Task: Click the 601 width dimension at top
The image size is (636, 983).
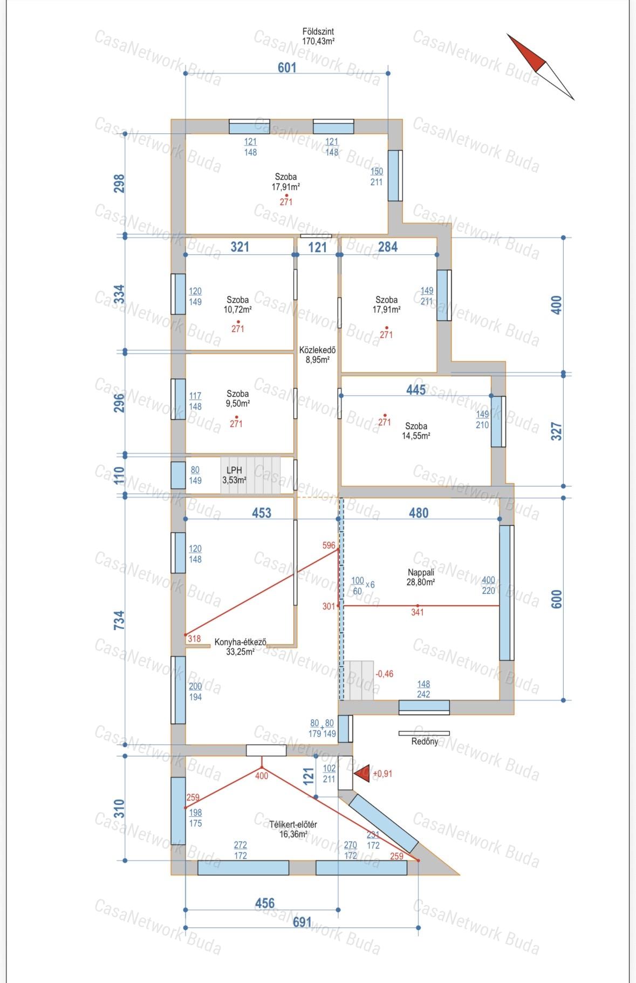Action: pos(287,68)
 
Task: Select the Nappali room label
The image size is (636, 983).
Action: pos(421,572)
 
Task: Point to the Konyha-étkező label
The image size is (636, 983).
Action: pos(241,642)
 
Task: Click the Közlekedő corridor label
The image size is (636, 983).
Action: pos(318,350)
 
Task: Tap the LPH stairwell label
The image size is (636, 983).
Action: pos(234,470)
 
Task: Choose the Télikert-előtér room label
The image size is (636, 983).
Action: pos(293,824)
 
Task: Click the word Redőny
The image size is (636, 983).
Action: pos(425,742)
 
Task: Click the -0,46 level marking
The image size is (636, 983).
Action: pos(384,674)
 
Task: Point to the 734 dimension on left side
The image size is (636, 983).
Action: pos(119,620)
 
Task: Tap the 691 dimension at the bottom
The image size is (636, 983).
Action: pos(302,922)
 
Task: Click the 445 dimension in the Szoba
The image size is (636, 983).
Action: pos(416,390)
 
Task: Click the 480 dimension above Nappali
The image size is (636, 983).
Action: pos(419,512)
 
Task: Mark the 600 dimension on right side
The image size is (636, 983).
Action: pos(557,599)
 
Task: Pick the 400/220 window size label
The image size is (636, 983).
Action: pos(488,585)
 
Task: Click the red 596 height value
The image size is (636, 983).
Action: pos(329,545)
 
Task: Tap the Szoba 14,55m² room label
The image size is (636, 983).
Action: pos(416,431)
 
